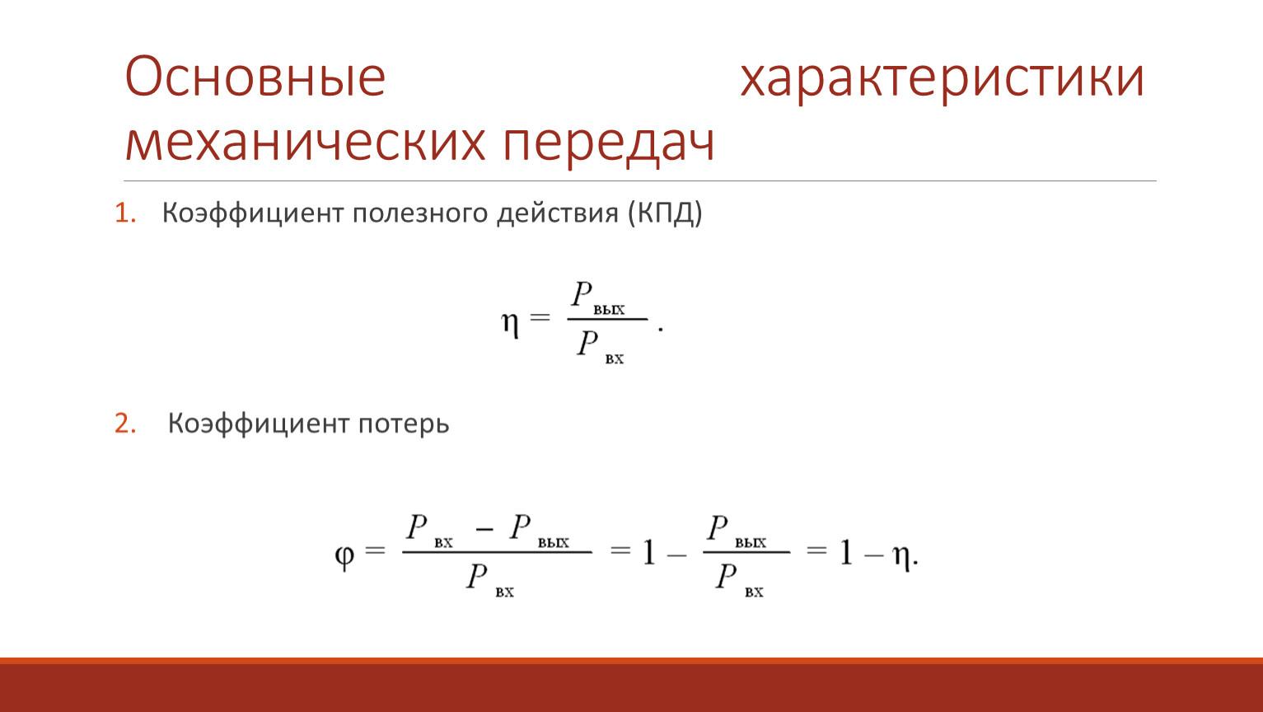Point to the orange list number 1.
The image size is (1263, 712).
pyautogui.click(x=124, y=213)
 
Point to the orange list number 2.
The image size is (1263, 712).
pyautogui.click(x=125, y=423)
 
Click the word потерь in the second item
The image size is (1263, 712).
pyautogui.click(x=404, y=424)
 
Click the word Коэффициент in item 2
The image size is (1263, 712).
pyautogui.click(x=258, y=424)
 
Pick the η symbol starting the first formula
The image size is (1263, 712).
pyautogui.click(x=510, y=325)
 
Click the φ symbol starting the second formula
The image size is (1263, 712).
pyautogui.click(x=344, y=557)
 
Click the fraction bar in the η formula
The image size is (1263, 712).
pyautogui.click(x=608, y=319)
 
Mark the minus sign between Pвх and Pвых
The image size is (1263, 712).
pyautogui.click(x=484, y=529)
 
